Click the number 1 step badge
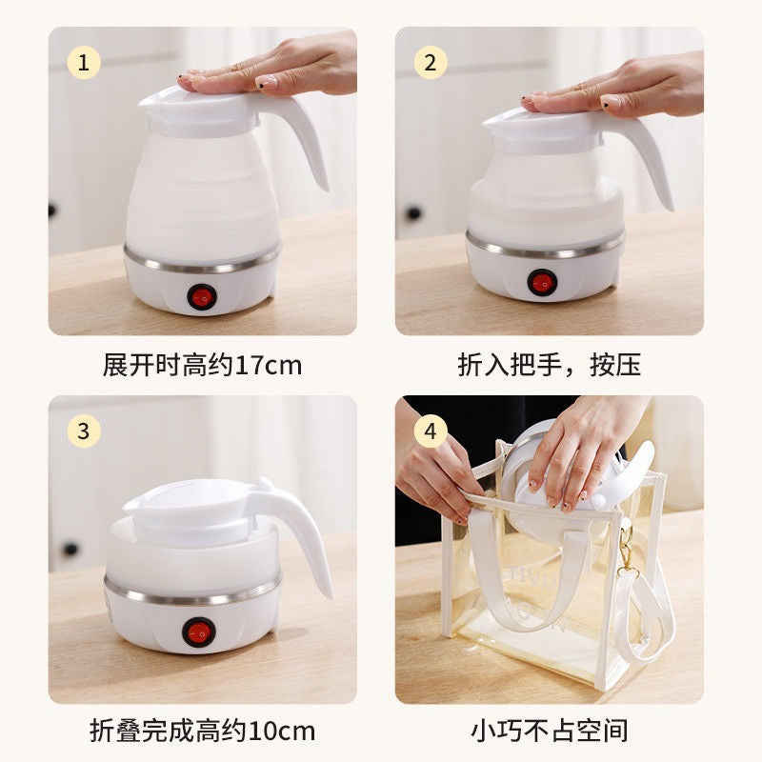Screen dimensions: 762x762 [83, 63]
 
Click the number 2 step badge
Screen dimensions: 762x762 [431, 63]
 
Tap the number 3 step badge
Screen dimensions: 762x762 [83, 431]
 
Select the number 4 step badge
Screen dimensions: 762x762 [431, 431]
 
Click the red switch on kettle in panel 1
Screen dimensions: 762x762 [202, 296]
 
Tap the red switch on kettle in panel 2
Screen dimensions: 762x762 [542, 283]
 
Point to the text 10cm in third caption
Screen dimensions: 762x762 [281, 732]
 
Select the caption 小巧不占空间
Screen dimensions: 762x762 [549, 732]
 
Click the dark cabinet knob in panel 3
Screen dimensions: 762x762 [69, 549]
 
